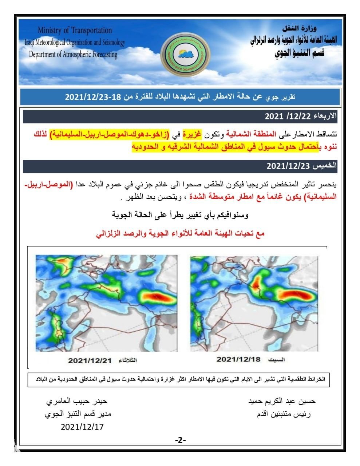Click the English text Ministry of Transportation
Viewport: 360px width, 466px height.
75,30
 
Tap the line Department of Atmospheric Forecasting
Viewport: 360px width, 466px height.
73,55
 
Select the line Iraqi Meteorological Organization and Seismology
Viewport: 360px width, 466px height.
75,42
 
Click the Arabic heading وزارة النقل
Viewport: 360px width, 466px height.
300,28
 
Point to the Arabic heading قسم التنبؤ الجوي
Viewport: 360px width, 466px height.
299,53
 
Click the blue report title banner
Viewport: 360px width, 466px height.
180,97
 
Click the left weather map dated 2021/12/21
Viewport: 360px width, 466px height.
106,303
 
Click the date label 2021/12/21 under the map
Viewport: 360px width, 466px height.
90,360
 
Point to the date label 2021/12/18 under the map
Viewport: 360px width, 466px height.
238,359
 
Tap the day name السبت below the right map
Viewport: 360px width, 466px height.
276,360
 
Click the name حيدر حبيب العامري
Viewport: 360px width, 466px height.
76,402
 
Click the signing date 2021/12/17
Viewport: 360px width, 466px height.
82,427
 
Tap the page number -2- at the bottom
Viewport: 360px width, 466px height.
180,441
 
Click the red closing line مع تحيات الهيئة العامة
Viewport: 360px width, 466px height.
180,234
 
